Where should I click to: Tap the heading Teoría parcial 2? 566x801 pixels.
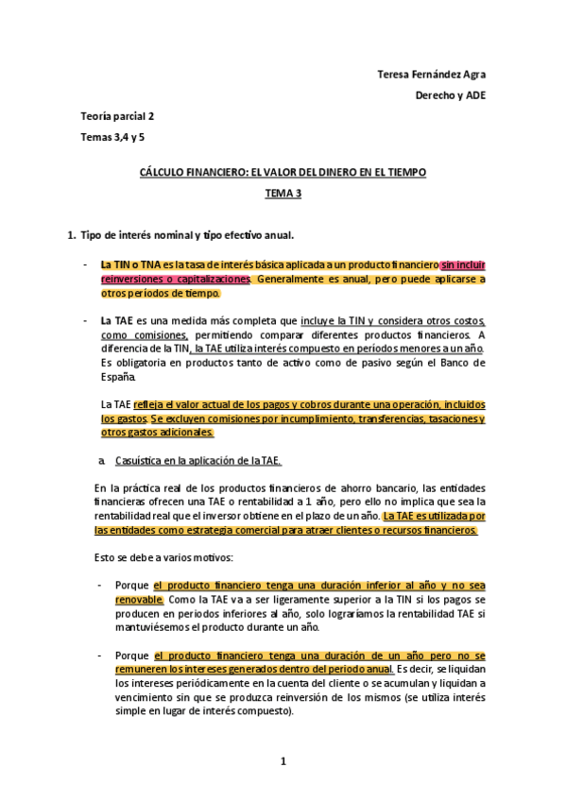click(x=118, y=116)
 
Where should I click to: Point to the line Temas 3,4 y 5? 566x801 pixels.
click(x=113, y=137)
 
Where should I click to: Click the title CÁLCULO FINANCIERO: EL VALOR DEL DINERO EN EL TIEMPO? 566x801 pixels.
click(x=283, y=172)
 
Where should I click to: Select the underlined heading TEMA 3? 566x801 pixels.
click(x=283, y=193)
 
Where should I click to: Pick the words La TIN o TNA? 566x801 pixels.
click(x=130, y=265)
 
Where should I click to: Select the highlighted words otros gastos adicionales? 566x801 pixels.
click(x=158, y=433)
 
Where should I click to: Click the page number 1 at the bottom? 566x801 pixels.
click(x=283, y=761)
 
